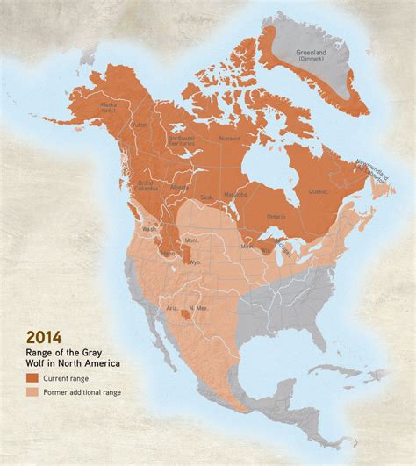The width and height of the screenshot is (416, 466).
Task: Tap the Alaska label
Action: click(108, 106)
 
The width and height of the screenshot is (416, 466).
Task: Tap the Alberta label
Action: click(179, 188)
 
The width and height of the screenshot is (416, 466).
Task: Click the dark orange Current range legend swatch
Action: click(33, 377)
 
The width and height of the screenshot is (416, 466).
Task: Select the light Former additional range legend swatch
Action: click(33, 391)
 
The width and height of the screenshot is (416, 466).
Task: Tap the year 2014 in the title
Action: click(43, 336)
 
